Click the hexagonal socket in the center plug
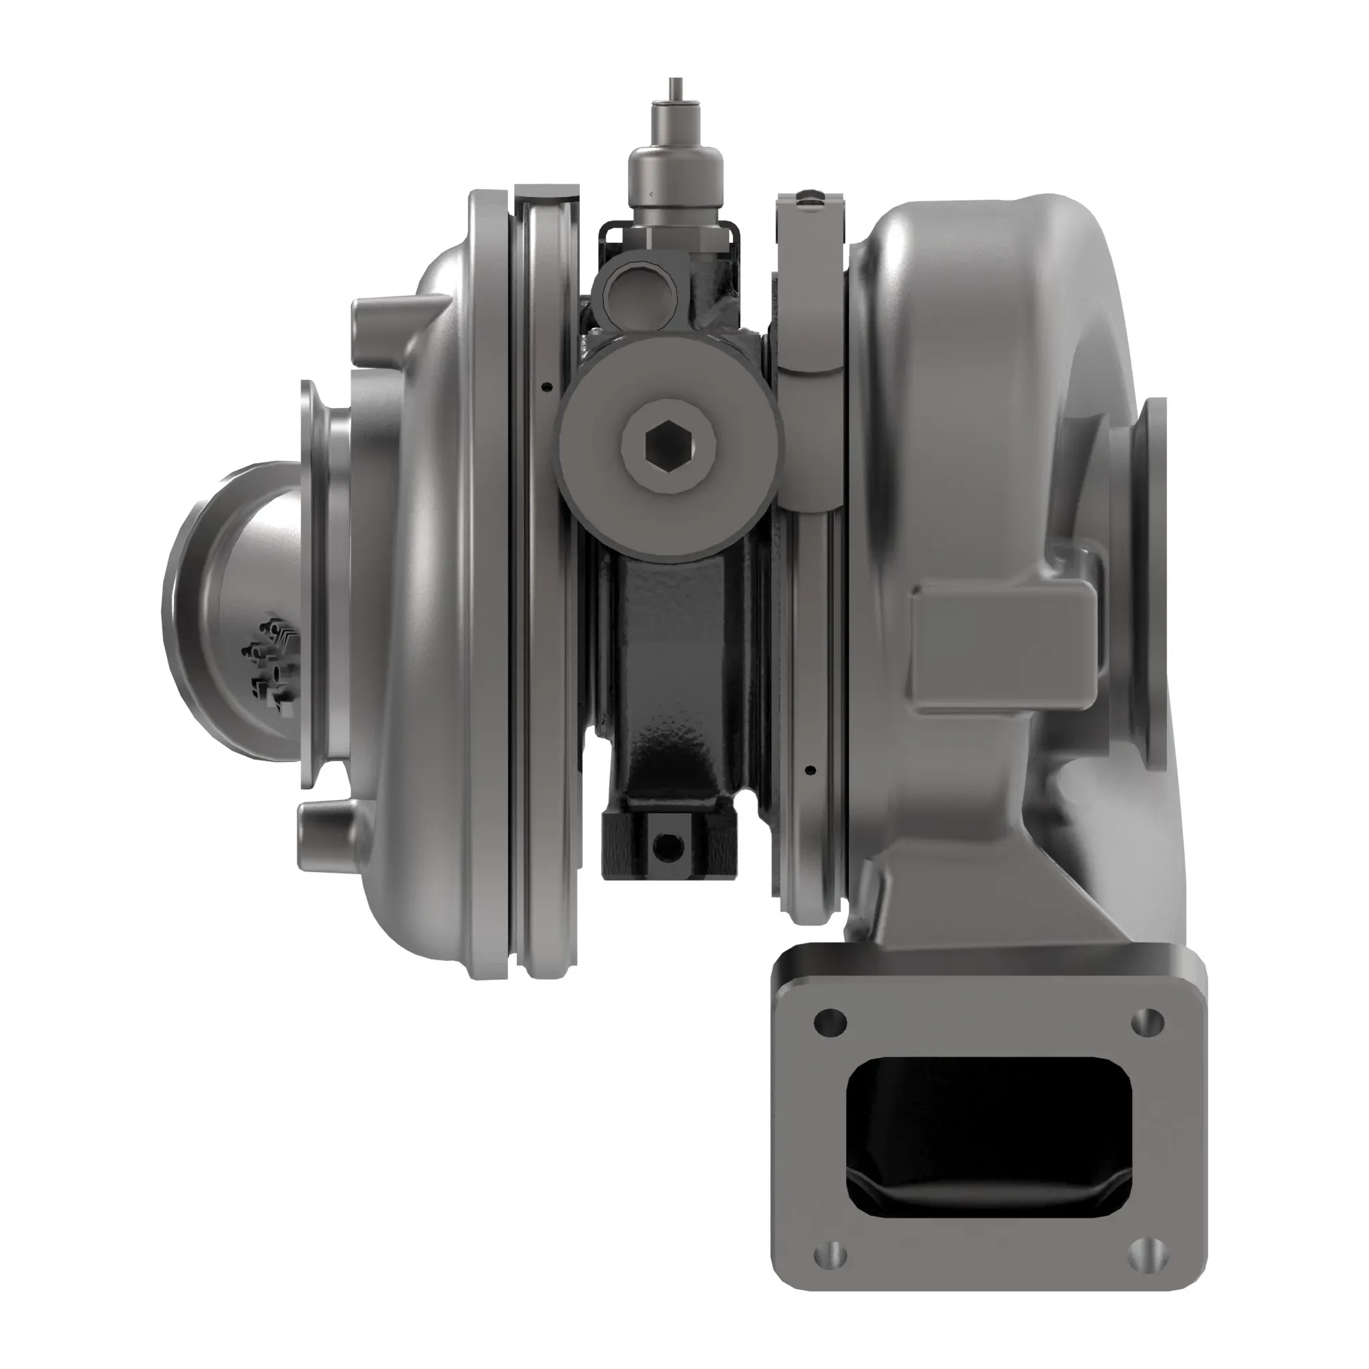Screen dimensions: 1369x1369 667,445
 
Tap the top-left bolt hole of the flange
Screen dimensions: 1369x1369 830,1022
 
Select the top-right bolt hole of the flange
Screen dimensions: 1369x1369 1148,1021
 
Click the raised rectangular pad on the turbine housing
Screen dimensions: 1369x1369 1003,648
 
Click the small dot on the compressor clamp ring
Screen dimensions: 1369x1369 544,387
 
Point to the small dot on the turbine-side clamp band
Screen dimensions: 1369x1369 811,769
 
